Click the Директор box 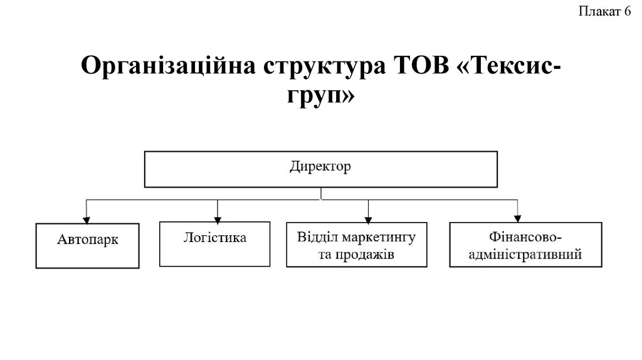tap(321, 168)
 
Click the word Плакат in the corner tap(599, 12)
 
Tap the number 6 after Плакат tap(627, 12)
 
